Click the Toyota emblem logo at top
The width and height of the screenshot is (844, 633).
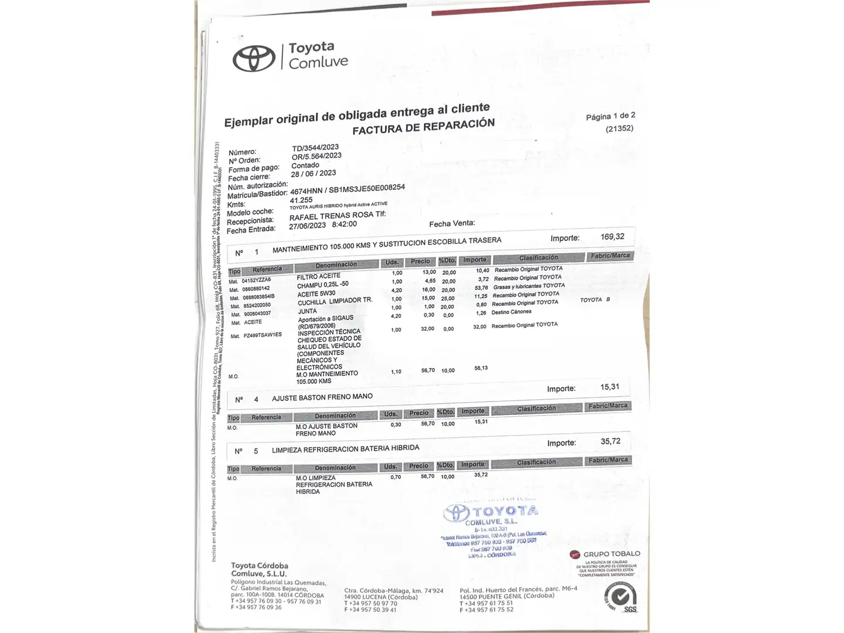tap(254, 58)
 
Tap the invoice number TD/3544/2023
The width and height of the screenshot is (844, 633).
tap(315, 147)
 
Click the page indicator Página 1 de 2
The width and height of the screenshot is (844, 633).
tap(610, 116)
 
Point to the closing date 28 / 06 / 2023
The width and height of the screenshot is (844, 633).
tap(313, 173)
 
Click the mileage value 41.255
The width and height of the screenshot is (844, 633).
tap(301, 200)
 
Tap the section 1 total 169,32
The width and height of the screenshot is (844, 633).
tap(612, 237)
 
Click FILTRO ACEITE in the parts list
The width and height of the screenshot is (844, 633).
tap(318, 277)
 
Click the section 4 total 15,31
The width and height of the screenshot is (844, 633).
tap(610, 387)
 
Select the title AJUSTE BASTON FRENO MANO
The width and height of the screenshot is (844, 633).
tap(322, 397)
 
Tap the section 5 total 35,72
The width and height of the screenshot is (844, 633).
tap(610, 441)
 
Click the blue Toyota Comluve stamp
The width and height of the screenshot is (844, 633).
tap(492, 527)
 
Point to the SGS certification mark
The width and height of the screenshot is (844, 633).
tap(621, 598)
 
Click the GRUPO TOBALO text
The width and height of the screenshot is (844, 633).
tap(611, 554)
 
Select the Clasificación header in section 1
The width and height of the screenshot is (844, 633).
tap(538, 258)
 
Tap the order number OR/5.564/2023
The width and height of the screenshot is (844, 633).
tap(316, 156)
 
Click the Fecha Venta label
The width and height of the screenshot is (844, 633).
tap(451, 223)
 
